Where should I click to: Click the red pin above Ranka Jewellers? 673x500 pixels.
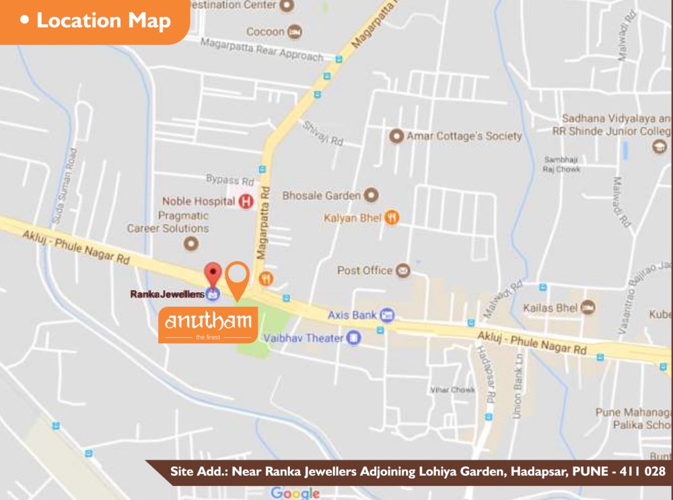[x=213, y=274]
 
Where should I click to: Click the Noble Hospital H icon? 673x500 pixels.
[x=246, y=201]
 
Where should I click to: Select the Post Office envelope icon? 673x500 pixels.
[x=402, y=271]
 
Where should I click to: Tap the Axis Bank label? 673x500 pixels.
[x=352, y=314]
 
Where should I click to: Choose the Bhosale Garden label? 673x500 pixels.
[x=322, y=196]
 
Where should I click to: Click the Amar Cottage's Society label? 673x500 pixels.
[x=464, y=136]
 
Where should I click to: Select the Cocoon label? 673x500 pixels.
[x=265, y=32]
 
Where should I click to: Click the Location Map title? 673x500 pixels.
[x=103, y=20]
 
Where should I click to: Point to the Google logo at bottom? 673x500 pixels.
[x=295, y=493]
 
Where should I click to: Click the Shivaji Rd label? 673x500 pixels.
[x=323, y=133]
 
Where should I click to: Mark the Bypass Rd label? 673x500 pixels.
[x=229, y=181]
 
